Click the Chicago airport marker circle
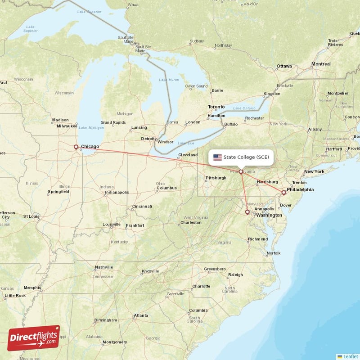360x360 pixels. [x=76, y=147]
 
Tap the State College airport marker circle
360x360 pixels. [x=241, y=171]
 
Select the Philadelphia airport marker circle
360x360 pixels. [x=283, y=193]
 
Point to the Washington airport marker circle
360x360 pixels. [x=247, y=212]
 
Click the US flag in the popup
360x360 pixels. [x=217, y=157]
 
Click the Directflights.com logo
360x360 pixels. [x=34, y=338]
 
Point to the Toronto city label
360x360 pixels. [x=216, y=107]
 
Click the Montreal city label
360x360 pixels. [x=321, y=64]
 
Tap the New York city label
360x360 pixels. [x=314, y=171]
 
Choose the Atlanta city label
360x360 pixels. [x=141, y=315]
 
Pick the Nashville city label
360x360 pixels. [x=104, y=267]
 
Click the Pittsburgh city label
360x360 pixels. [x=216, y=178]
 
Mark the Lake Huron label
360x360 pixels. [x=169, y=80]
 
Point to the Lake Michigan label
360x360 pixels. [x=91, y=128]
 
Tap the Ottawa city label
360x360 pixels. [x=284, y=66]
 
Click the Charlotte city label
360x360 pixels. [x=201, y=286]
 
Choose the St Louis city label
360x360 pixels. [x=31, y=216]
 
